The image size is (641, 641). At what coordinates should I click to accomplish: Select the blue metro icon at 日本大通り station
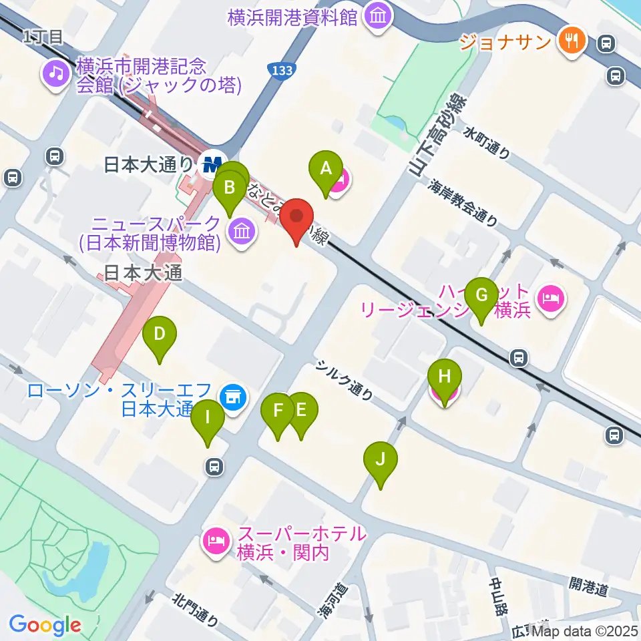pos(212,162)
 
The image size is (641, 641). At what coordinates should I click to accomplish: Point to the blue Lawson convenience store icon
pos(233,397)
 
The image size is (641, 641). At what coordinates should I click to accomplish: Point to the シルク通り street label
pos(345,381)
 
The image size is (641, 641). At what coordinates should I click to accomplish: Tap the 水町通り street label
pos(488,142)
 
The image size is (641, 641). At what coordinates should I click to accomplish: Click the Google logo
pos(45,625)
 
